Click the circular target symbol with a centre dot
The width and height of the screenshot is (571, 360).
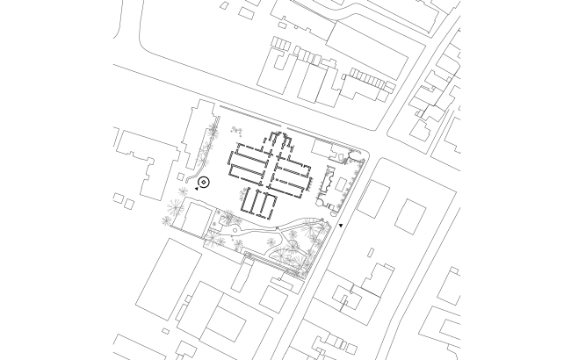click(204, 183)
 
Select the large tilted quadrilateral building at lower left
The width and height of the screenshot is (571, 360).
click(169, 277)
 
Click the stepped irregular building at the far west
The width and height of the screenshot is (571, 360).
click(141, 162)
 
